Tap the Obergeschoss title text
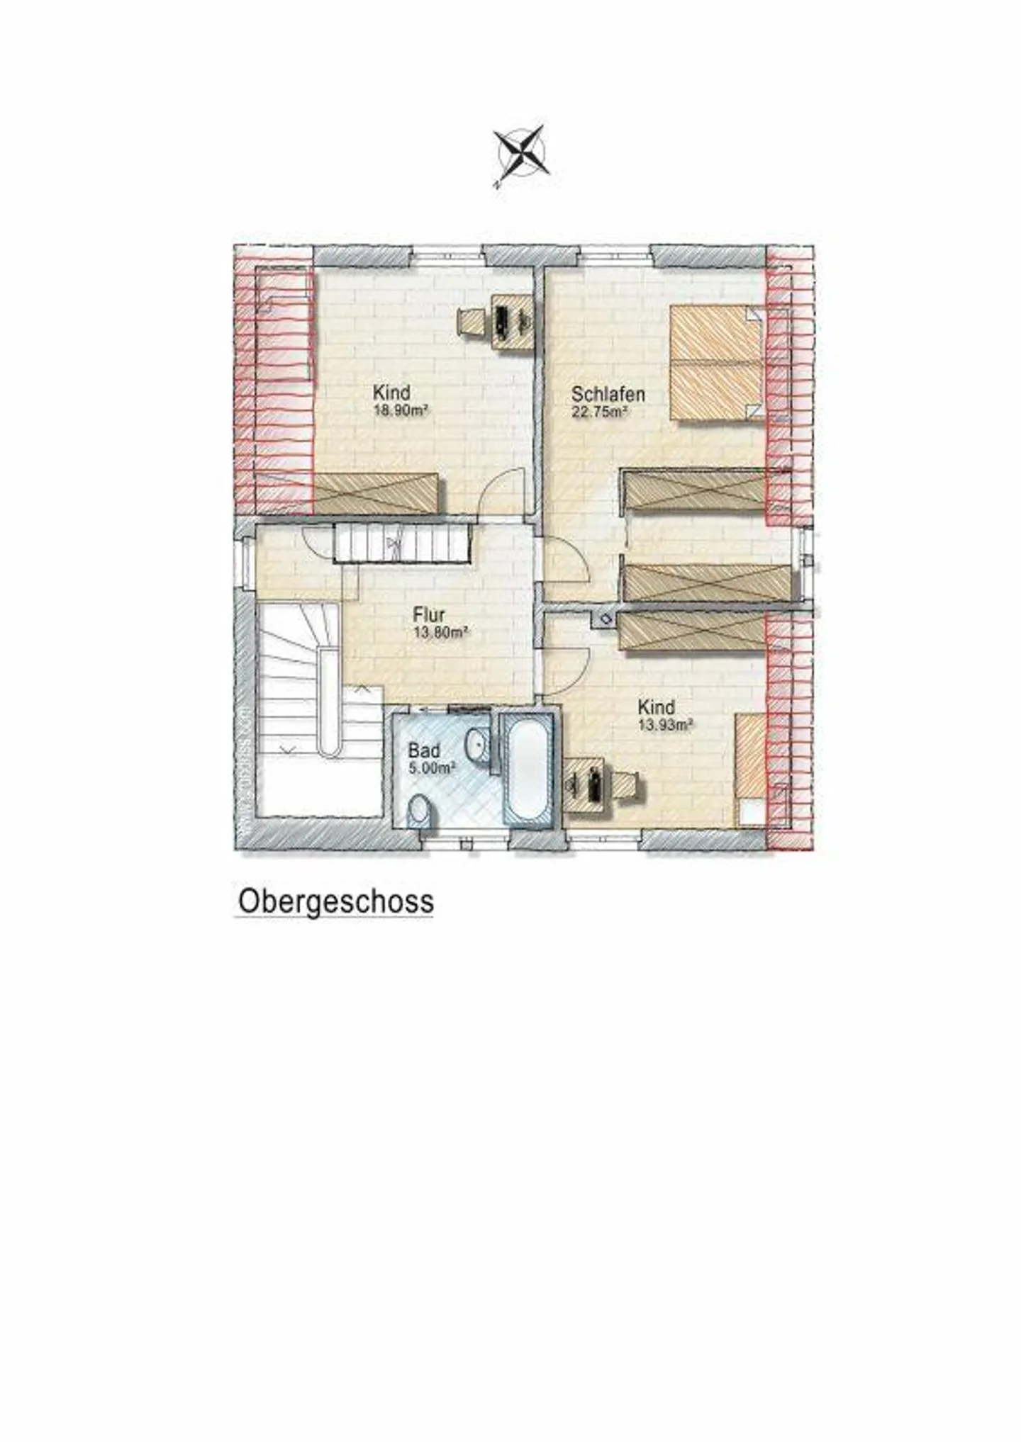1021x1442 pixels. tap(335, 902)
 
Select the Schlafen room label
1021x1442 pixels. tap(608, 394)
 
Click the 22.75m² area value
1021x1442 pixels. tap(600, 412)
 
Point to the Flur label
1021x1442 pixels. tap(428, 615)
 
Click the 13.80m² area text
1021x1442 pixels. tap(440, 633)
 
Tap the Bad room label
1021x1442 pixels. tap(423, 750)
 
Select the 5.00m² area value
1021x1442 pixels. tap(431, 767)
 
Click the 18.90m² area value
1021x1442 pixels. tap(402, 410)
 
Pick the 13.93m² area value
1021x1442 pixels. tap(664, 724)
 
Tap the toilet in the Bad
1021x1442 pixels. tap(420, 810)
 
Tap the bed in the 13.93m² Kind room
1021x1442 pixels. tap(750, 769)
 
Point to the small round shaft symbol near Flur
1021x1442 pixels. tap(606, 618)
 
